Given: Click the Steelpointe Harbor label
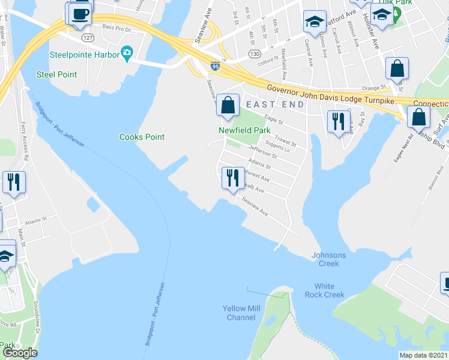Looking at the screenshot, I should pyautogui.click(x=84, y=53).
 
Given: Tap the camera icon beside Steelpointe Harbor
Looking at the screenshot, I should pyautogui.click(x=126, y=53).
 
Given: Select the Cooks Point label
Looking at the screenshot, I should pyautogui.click(x=142, y=137).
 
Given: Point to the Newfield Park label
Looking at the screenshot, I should pyautogui.click(x=244, y=130).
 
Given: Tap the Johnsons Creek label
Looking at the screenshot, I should pyautogui.click(x=329, y=259).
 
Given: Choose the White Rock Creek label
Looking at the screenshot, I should pyautogui.click(x=325, y=290).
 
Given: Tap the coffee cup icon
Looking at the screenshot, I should pyautogui.click(x=80, y=13).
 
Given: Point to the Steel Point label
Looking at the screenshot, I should pyautogui.click(x=56, y=74).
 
